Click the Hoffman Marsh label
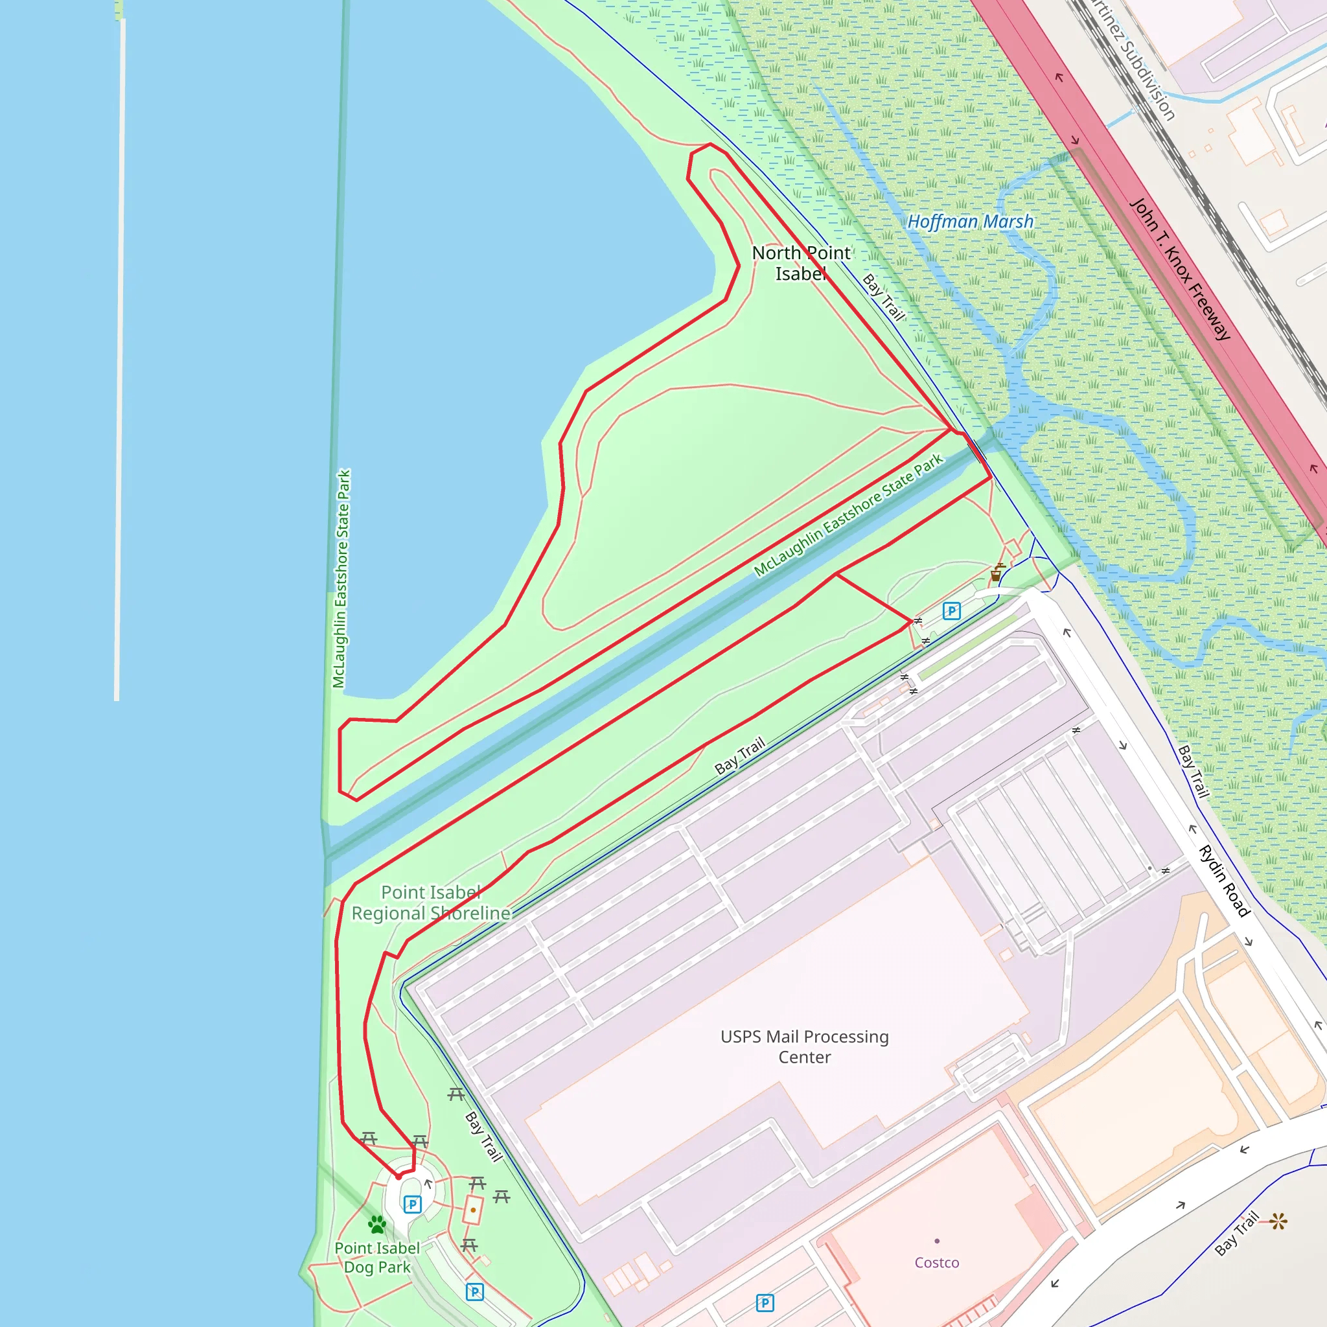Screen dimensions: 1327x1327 pos(970,222)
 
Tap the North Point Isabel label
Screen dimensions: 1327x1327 pos(801,263)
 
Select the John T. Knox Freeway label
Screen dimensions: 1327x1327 pos(1180,270)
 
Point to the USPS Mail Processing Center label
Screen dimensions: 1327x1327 pos(804,1047)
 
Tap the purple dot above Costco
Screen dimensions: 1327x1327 pos(937,1241)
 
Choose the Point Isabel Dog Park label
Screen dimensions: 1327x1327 pos(377,1258)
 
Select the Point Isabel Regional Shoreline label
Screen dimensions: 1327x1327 pos(431,903)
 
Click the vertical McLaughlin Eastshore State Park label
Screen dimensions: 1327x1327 pos(341,579)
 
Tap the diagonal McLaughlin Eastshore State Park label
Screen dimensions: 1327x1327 pos(848,515)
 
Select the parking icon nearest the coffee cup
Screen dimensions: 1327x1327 pos(951,610)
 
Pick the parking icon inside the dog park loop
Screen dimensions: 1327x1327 pos(412,1204)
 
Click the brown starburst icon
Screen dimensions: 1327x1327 pos(1278,1222)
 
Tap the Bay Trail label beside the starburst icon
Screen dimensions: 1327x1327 pos(1236,1234)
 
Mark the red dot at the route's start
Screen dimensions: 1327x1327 pos(398,1177)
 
